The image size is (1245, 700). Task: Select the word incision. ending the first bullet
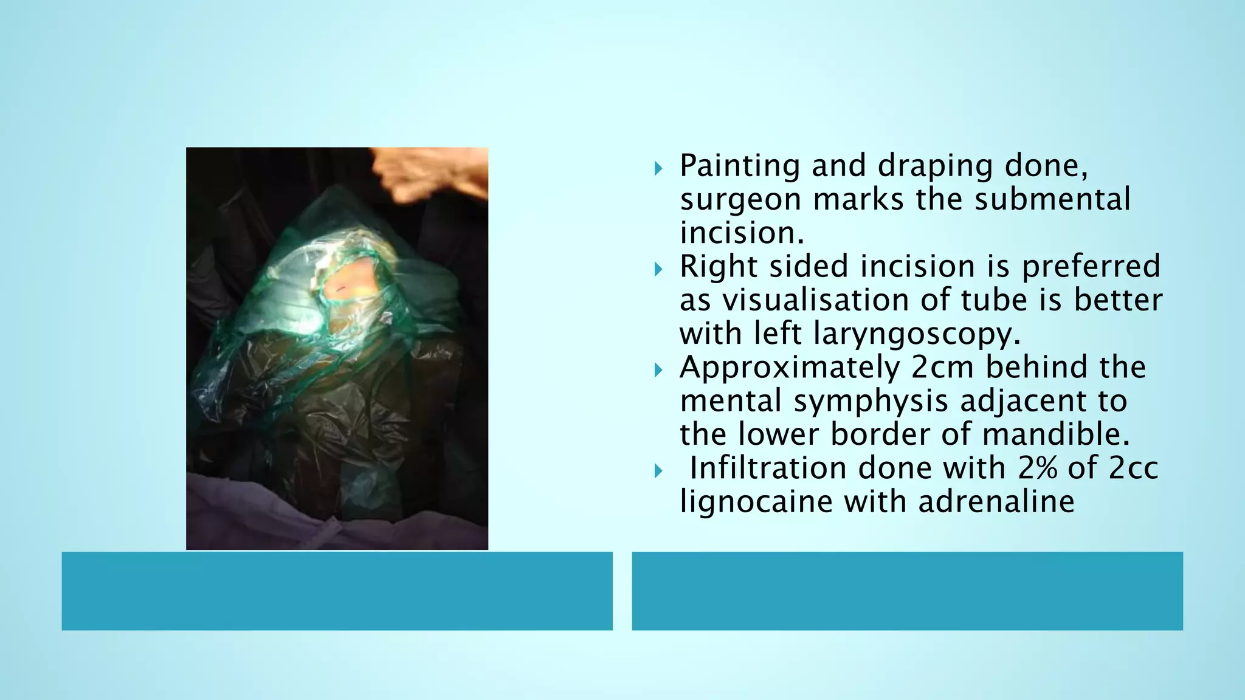742,233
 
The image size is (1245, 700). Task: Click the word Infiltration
768,468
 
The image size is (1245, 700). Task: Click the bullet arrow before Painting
658,168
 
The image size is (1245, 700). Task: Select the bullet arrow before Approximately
658,369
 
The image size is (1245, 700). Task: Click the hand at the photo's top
435,173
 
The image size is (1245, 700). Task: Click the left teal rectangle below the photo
337,591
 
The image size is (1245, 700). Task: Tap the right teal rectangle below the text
907,591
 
